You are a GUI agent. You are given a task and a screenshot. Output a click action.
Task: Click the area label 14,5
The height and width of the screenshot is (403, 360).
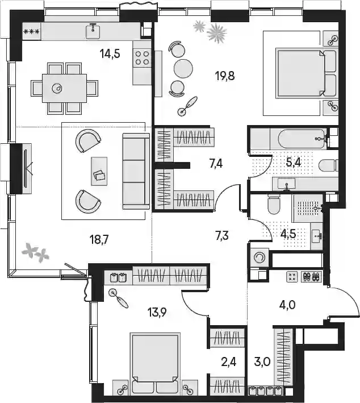(110, 54)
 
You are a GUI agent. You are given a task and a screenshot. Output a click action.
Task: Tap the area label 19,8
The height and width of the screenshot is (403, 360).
(225, 76)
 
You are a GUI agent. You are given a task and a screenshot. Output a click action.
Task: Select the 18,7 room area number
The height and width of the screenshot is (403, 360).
(99, 240)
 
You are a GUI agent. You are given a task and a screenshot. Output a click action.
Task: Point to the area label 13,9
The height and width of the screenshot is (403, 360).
(157, 313)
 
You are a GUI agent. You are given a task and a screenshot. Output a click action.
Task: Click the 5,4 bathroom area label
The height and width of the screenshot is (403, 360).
(293, 163)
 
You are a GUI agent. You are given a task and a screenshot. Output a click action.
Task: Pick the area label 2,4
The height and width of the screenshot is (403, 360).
(228, 362)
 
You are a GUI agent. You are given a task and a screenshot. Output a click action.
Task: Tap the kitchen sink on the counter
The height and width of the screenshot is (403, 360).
(93, 31)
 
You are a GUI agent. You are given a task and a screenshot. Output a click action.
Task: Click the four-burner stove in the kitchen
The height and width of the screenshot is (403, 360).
(142, 58)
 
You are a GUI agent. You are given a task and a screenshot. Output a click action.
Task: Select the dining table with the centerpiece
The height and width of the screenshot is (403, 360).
(65, 88)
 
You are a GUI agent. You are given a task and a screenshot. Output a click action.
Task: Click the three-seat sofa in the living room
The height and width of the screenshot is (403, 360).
(136, 171)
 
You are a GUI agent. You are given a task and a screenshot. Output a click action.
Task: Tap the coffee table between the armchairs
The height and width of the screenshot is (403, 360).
(99, 171)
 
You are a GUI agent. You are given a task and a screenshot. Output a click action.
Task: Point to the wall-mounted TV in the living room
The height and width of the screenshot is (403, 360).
(26, 169)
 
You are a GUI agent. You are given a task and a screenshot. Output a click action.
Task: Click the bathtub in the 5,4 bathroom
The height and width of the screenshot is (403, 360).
(302, 139)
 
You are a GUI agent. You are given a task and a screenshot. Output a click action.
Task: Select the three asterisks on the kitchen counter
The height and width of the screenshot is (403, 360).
(32, 32)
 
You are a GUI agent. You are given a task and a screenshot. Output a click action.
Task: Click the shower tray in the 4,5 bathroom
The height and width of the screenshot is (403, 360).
(308, 208)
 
